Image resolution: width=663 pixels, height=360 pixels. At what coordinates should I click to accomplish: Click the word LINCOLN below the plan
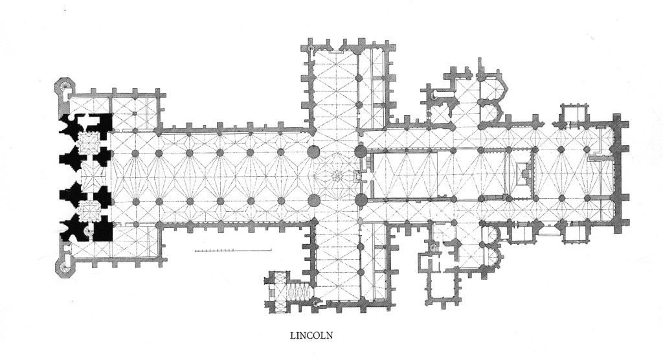tap(311, 335)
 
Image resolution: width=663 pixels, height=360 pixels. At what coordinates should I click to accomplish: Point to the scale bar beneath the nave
tap(232, 251)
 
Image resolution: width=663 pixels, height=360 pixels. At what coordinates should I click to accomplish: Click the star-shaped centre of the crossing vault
tap(337, 175)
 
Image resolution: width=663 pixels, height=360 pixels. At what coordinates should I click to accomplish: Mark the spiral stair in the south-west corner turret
tap(65, 267)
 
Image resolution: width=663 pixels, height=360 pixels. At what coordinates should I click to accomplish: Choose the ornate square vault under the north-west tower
tap(89, 142)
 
